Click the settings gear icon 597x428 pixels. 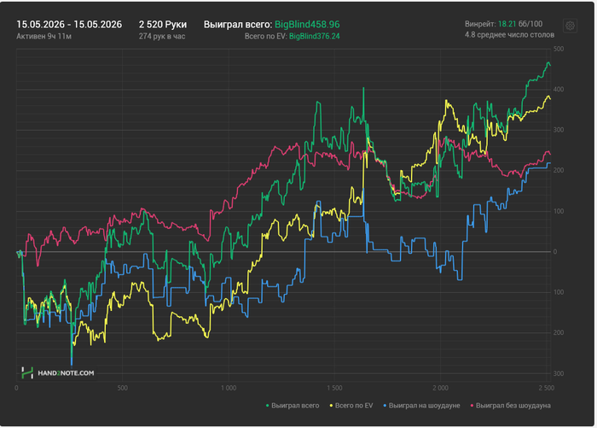click(x=570, y=26)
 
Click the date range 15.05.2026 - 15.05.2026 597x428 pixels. click(x=69, y=25)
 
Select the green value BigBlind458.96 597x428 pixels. click(x=307, y=25)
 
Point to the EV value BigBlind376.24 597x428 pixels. click(x=315, y=36)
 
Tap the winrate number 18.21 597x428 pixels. click(x=507, y=24)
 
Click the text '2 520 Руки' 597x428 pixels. click(x=163, y=25)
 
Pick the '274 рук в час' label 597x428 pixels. click(x=162, y=36)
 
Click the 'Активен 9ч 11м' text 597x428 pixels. click(x=43, y=36)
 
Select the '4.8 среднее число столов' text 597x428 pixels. click(x=509, y=35)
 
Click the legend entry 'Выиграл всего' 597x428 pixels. click(x=293, y=406)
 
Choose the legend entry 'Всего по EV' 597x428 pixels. click(x=351, y=406)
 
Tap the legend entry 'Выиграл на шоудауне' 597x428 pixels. click(x=421, y=406)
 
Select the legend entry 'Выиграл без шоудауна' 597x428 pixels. click(x=511, y=406)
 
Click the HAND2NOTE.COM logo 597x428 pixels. click(x=57, y=373)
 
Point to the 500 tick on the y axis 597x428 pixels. click(x=559, y=49)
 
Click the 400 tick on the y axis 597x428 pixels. click(x=559, y=90)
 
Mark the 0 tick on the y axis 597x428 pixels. click(x=555, y=252)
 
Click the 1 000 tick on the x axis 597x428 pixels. click(x=229, y=388)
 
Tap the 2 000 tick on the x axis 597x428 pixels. click(x=441, y=388)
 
